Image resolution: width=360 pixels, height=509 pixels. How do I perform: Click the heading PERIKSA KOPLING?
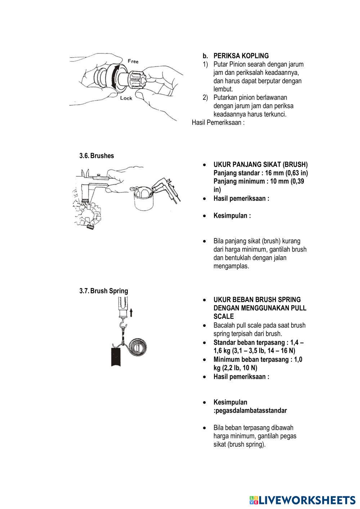pyautogui.click(x=241, y=56)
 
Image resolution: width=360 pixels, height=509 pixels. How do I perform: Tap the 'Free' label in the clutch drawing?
pyautogui.click(x=133, y=62)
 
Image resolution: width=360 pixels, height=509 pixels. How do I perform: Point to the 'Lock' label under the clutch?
pyautogui.click(x=126, y=98)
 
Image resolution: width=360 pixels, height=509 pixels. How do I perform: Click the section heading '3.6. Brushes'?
pyautogui.click(x=96, y=156)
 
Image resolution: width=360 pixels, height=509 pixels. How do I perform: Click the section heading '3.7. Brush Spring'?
pyautogui.click(x=104, y=291)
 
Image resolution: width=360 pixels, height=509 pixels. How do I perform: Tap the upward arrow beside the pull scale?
pyautogui.click(x=131, y=312)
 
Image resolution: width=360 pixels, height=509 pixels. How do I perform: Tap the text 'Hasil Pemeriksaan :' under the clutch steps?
pyautogui.click(x=218, y=123)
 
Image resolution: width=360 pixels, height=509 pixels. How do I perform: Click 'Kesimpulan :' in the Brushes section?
pyautogui.click(x=232, y=216)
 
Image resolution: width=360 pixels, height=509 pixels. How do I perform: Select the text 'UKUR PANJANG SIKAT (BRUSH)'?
pyautogui.click(x=260, y=165)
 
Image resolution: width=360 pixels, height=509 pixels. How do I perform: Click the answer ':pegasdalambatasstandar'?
pyautogui.click(x=250, y=410)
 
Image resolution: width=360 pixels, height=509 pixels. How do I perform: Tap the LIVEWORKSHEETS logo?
pyautogui.click(x=302, y=500)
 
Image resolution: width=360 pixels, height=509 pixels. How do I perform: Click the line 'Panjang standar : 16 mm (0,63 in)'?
pyautogui.click(x=260, y=173)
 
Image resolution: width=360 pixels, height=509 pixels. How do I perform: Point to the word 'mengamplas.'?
pyautogui.click(x=231, y=266)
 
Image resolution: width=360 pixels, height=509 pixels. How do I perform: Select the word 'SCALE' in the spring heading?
pyautogui.click(x=224, y=316)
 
